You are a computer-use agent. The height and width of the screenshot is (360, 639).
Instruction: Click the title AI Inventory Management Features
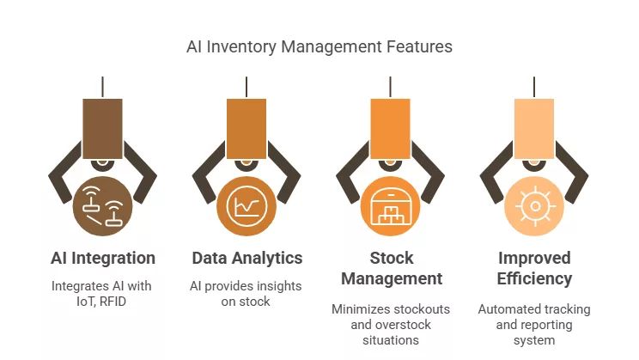[x=319, y=46]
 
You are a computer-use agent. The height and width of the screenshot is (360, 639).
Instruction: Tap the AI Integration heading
[x=102, y=258]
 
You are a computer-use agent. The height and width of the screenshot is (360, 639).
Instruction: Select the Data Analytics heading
[x=246, y=258]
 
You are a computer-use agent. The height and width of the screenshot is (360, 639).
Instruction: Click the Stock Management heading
[x=391, y=268]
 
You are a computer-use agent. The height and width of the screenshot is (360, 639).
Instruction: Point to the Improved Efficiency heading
[x=535, y=268]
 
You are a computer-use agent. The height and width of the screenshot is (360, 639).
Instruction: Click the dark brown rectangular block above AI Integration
[x=102, y=128]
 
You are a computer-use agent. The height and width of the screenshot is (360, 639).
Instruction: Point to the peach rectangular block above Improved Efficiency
[x=535, y=128]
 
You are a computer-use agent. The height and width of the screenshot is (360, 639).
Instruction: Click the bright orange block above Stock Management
[x=391, y=128]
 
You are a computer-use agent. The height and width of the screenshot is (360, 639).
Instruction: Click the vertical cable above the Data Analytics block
[x=246, y=87]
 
